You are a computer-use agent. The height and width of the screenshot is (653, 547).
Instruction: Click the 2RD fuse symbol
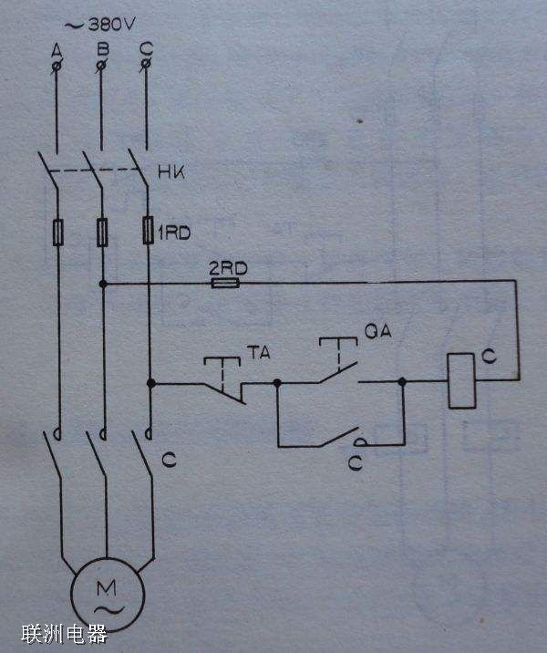(x=225, y=284)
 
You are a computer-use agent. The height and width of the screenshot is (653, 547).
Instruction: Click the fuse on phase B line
(x=103, y=233)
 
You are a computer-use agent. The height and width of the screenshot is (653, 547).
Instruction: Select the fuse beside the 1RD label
(x=149, y=232)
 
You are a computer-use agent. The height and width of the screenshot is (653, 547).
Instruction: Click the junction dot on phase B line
(x=103, y=284)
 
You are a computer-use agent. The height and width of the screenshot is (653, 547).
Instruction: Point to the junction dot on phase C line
(x=149, y=384)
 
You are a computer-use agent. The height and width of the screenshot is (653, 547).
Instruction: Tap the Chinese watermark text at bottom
(x=65, y=634)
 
